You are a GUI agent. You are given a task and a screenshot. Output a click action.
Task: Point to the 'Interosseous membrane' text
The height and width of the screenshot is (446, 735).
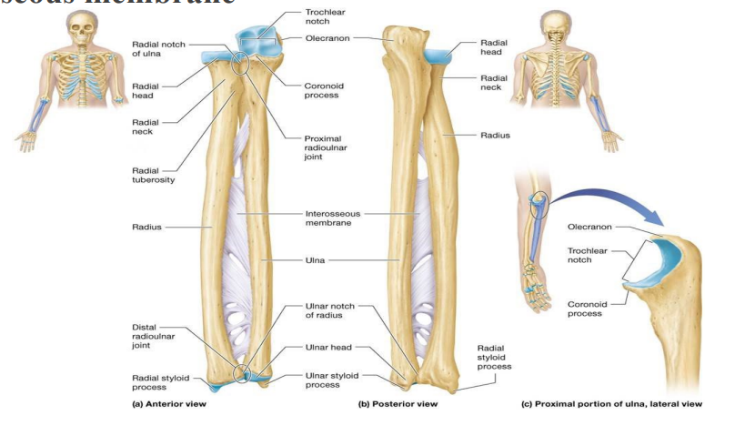coord(333,218)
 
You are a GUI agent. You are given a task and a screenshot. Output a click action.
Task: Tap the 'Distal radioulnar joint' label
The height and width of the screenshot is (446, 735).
coord(150,336)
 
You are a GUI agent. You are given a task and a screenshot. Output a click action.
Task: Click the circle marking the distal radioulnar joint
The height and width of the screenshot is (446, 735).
coord(240,372)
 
